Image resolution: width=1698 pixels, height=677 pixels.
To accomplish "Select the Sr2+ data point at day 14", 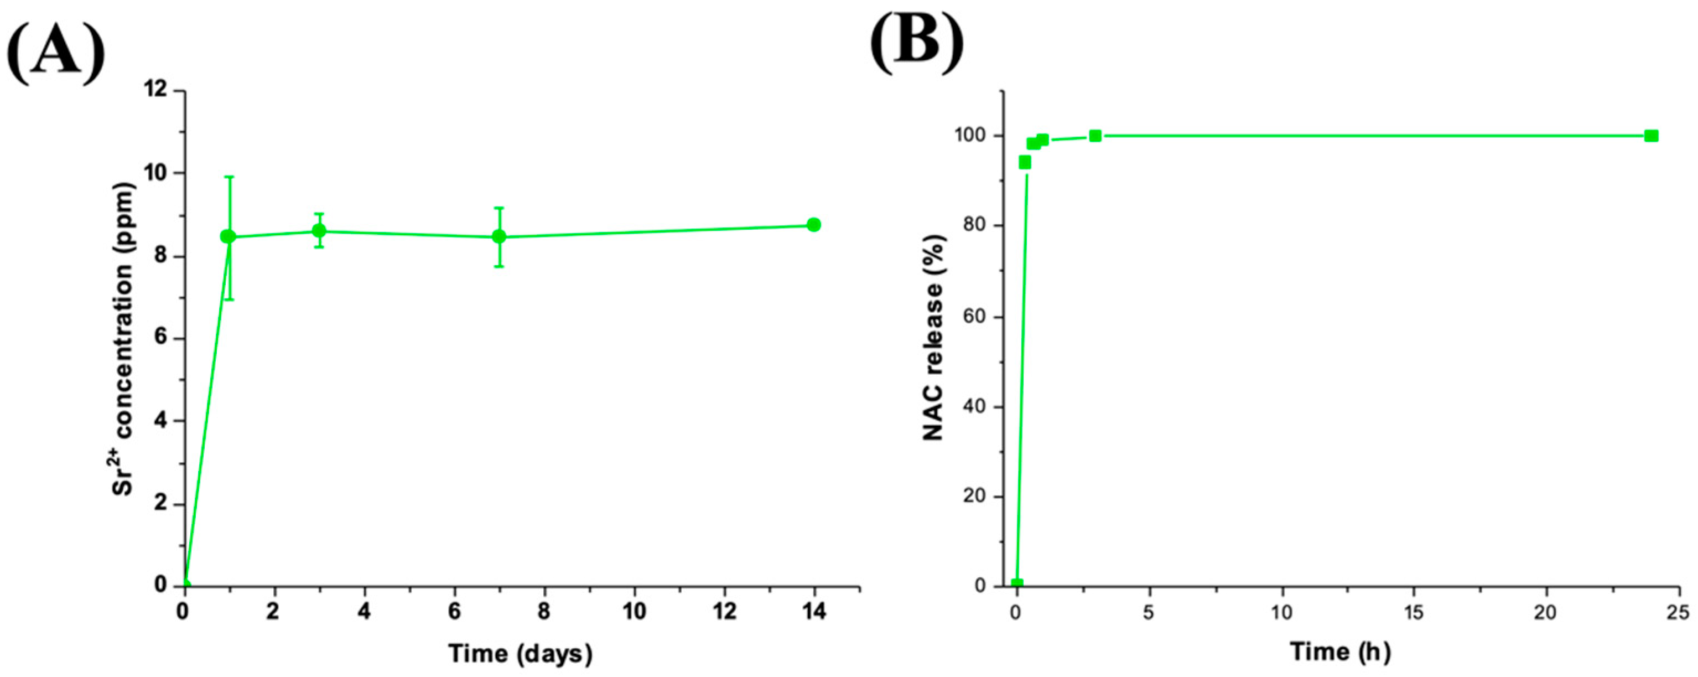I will (813, 225).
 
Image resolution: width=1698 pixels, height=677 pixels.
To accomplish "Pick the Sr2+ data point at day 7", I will (499, 237).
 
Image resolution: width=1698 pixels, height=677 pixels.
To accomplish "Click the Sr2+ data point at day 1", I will (228, 237).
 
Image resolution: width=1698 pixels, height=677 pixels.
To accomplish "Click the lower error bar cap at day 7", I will (499, 266).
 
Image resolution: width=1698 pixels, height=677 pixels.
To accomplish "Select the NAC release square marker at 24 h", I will (1651, 136).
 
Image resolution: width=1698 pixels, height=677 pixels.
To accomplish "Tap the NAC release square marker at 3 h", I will (1095, 136).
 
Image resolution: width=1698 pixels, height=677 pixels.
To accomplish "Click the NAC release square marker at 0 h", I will (1017, 583).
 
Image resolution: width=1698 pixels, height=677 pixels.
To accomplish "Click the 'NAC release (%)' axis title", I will (933, 338).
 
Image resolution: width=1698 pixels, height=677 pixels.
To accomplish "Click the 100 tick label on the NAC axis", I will (968, 136).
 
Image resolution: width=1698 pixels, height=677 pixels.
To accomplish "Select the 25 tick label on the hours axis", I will (1680, 612).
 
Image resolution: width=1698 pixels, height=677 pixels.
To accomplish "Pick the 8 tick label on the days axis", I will (544, 612).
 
